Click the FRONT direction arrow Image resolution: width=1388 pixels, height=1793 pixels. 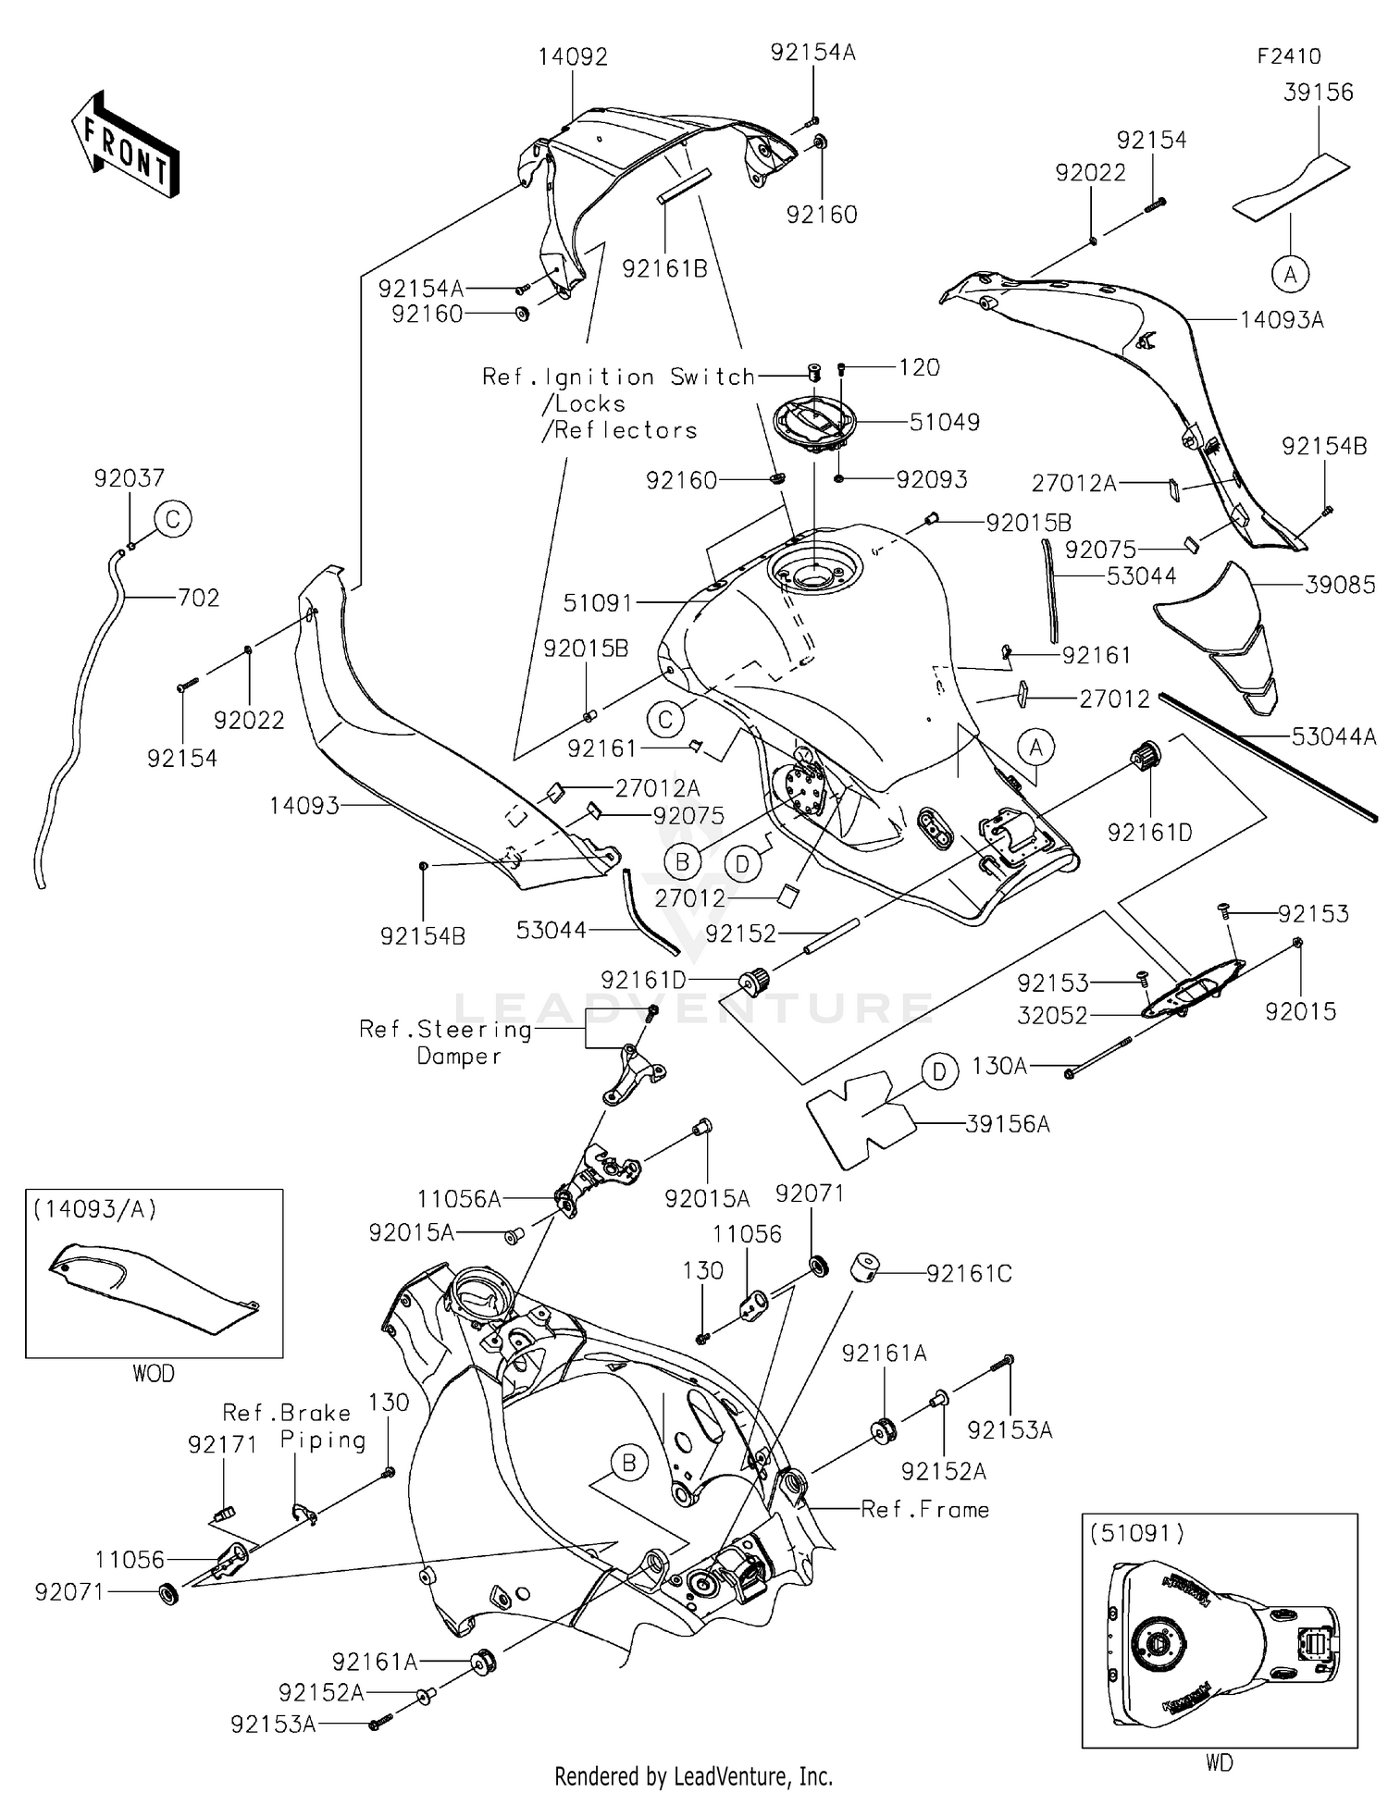[x=126, y=143]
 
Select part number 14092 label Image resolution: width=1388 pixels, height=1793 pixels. [x=573, y=57]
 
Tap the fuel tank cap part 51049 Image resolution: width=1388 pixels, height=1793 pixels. [x=814, y=426]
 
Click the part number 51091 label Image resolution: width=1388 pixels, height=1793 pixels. [x=598, y=603]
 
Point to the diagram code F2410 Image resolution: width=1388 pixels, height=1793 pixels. [x=1289, y=56]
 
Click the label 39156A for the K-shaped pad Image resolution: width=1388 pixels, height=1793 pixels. [x=1007, y=1124]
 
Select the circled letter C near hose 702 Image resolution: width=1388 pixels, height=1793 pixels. [x=173, y=519]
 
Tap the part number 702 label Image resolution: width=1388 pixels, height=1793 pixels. [x=199, y=598]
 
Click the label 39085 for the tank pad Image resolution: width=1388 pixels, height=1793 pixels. [x=1340, y=585]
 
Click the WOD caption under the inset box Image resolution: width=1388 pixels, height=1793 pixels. [x=154, y=1374]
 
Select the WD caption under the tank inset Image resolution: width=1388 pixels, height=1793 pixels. [x=1219, y=1763]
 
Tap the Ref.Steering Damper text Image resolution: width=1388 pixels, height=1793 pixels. [x=446, y=1042]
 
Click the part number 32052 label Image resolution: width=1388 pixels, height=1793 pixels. [x=1052, y=1015]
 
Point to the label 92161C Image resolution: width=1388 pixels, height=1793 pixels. [x=969, y=1274]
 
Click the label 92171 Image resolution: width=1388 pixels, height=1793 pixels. [x=222, y=1444]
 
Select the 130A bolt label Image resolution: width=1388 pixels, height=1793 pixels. [x=999, y=1066]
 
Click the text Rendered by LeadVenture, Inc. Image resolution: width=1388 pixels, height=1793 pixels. [x=693, y=1775]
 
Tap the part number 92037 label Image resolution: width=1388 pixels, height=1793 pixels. [x=130, y=478]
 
